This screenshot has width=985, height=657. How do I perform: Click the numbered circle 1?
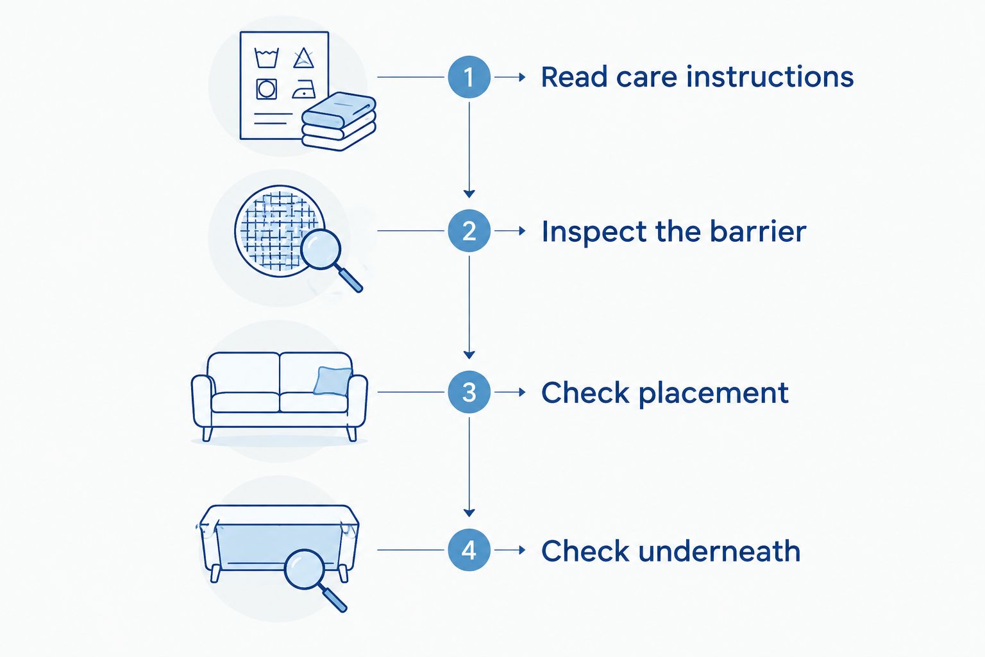(x=469, y=77)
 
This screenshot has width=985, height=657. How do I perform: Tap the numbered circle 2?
(x=469, y=230)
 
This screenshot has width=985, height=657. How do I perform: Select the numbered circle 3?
(x=469, y=391)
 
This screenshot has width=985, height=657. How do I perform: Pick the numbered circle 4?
(x=469, y=550)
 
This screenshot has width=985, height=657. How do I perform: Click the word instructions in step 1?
(x=770, y=76)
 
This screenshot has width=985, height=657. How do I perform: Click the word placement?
(x=713, y=393)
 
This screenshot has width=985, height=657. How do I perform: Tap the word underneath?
(x=719, y=550)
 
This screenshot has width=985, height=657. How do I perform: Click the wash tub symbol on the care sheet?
(x=267, y=58)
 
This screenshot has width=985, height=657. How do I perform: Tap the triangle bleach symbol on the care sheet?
(x=303, y=58)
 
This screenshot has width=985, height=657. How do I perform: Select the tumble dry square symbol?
(x=267, y=89)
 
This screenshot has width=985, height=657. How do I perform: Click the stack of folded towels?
(x=339, y=121)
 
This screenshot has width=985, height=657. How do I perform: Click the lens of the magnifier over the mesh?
(x=321, y=249)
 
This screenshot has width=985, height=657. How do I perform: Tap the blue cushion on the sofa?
(x=332, y=380)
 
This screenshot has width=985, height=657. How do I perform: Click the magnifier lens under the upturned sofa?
(x=304, y=569)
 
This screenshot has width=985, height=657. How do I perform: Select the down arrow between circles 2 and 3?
(x=469, y=307)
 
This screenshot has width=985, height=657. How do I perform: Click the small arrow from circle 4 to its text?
(x=510, y=550)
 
